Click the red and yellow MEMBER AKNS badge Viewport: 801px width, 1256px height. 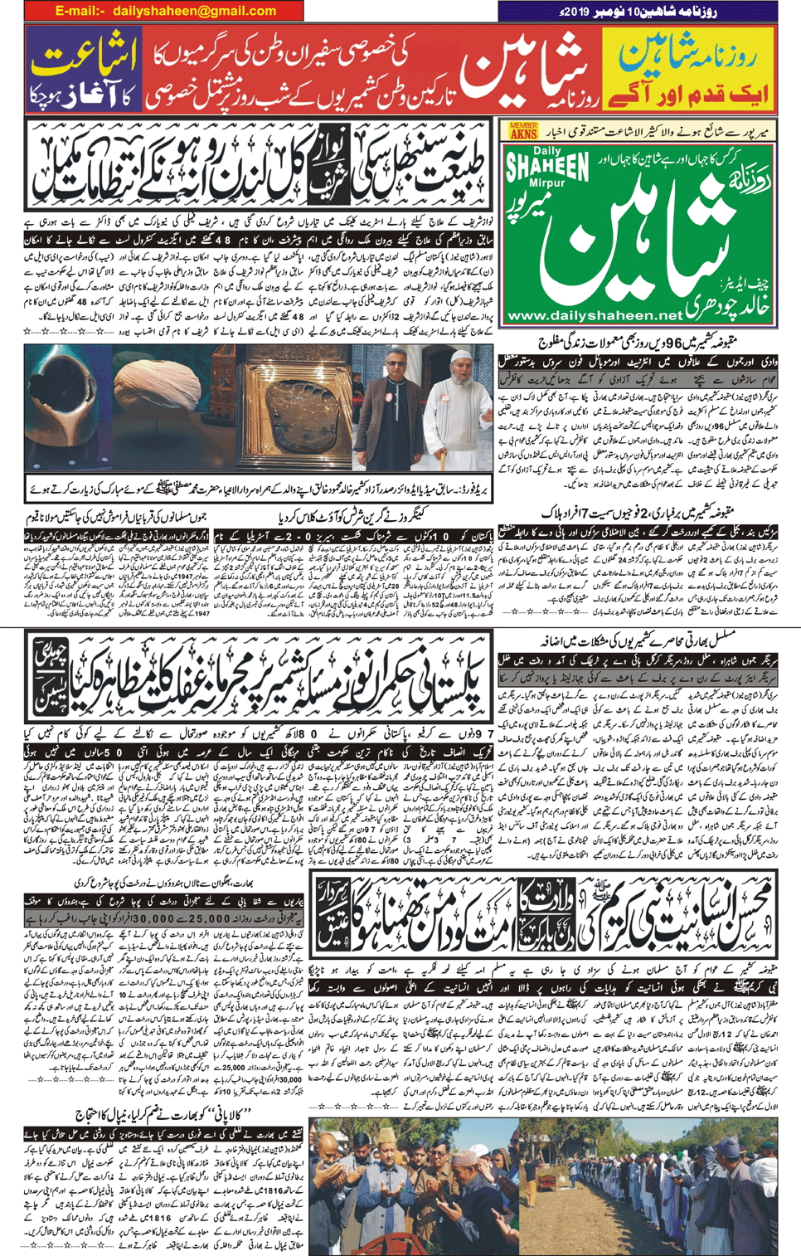pyautogui.click(x=523, y=131)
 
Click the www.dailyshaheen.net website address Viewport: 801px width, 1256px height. pyautogui.click(x=593, y=316)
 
